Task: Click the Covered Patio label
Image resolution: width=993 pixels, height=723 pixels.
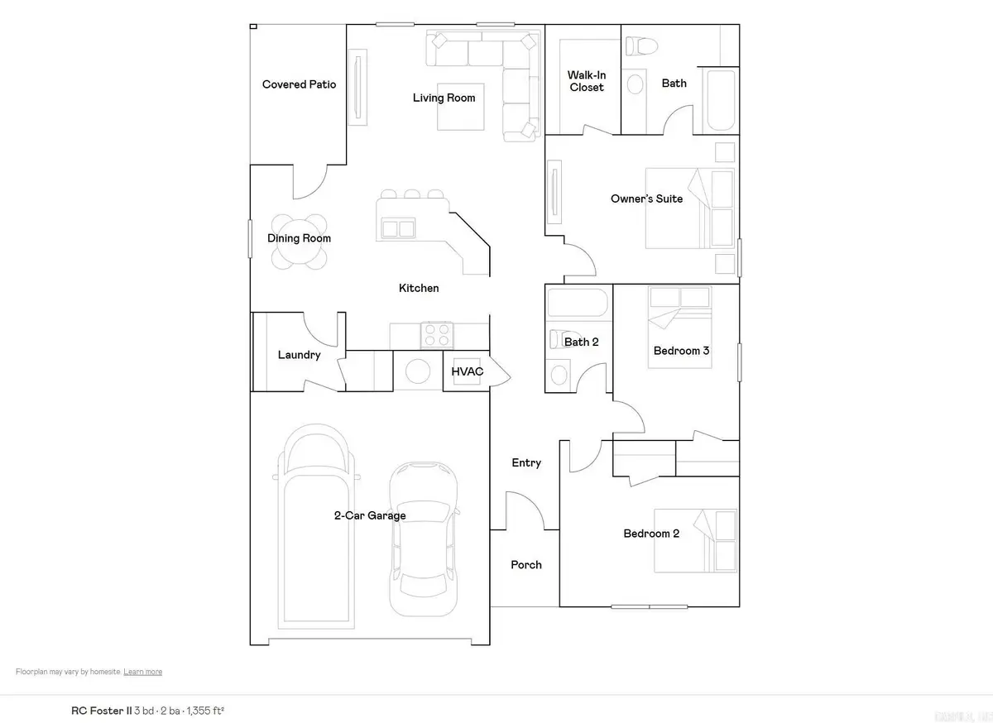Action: point(299,84)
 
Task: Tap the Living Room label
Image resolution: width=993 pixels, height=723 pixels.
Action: point(444,98)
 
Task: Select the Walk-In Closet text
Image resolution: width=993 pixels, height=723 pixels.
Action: point(586,81)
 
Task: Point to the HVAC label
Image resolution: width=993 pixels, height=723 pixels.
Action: point(467,372)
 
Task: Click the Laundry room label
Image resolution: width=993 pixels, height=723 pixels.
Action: point(299,355)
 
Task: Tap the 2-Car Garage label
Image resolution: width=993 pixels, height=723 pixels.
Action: point(370,515)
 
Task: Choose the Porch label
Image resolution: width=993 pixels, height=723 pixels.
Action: point(526,565)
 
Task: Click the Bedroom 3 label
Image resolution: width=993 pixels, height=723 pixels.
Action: point(681,351)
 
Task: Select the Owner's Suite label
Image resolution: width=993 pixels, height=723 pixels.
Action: point(647,199)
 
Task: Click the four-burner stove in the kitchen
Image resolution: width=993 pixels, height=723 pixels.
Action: point(437,334)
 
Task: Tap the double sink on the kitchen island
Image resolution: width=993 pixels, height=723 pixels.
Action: point(397,227)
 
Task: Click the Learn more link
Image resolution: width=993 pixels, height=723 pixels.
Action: point(142,672)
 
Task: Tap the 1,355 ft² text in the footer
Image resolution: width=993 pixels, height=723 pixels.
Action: point(206,710)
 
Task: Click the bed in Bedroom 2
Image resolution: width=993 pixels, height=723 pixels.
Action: point(695,540)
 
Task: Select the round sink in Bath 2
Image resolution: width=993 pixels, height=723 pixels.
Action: point(559,375)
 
